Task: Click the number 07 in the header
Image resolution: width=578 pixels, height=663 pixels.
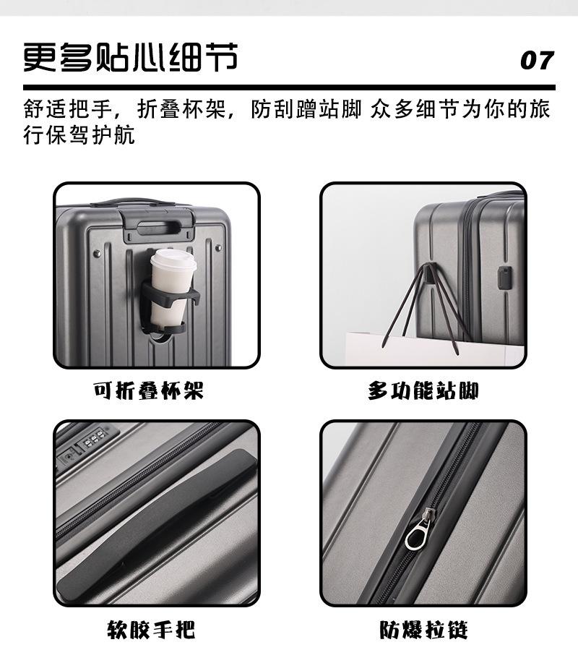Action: pyautogui.click(x=536, y=61)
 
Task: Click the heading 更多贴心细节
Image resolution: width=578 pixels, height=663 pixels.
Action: pyautogui.click(x=130, y=58)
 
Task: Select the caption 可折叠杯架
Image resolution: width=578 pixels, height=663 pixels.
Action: pyautogui.click(x=148, y=391)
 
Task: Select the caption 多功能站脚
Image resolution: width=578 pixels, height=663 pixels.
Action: pyautogui.click(x=423, y=391)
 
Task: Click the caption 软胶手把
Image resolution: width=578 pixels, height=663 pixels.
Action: pyautogui.click(x=151, y=630)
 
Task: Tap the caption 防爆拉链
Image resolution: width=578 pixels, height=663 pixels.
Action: pyautogui.click(x=424, y=630)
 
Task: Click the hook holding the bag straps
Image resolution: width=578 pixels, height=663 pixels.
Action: pyautogui.click(x=429, y=273)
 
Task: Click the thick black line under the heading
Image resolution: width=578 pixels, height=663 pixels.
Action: pyautogui.click(x=289, y=87)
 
